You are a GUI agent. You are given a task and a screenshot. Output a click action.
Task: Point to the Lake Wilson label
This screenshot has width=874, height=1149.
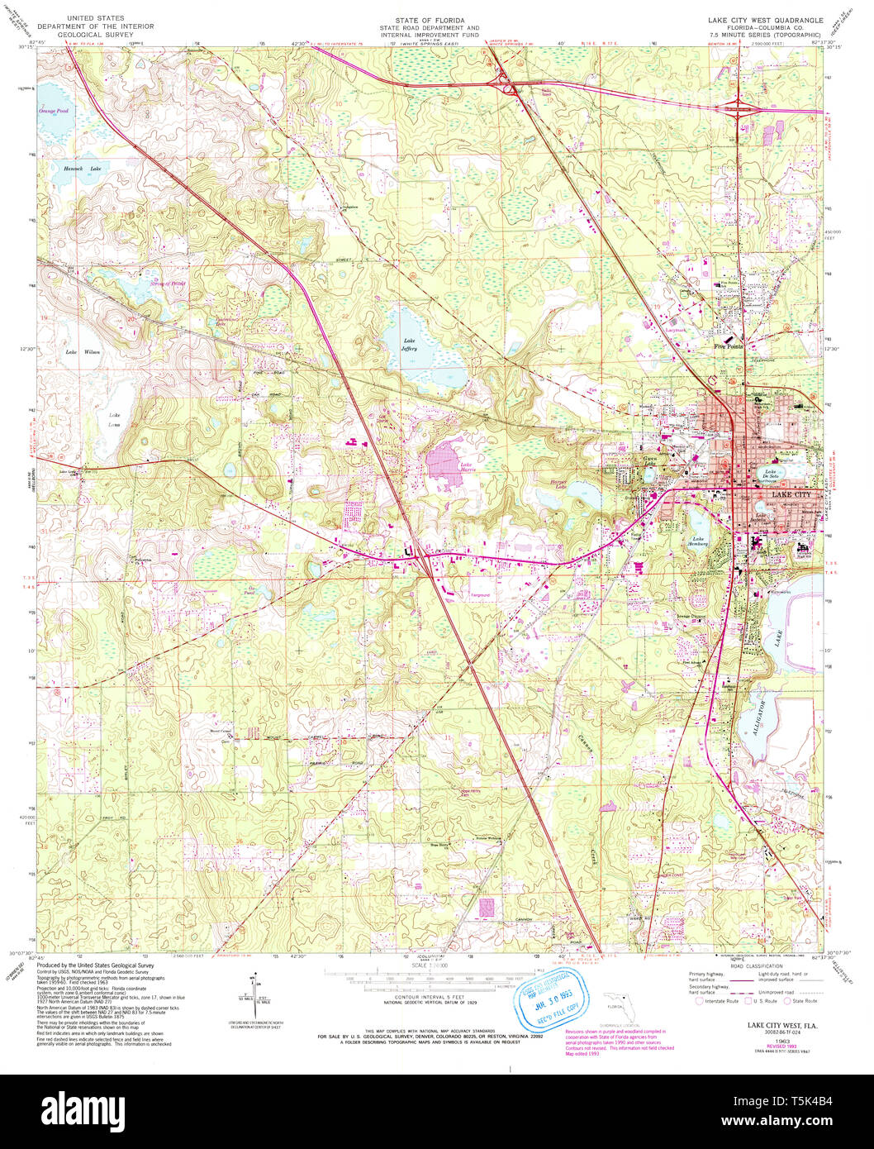83,352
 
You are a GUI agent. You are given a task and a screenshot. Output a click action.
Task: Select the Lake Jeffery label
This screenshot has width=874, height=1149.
410,345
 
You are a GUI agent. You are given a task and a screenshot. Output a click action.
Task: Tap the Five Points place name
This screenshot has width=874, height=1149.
729,346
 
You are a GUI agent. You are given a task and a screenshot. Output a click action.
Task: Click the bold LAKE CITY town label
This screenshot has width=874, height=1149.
792,494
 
